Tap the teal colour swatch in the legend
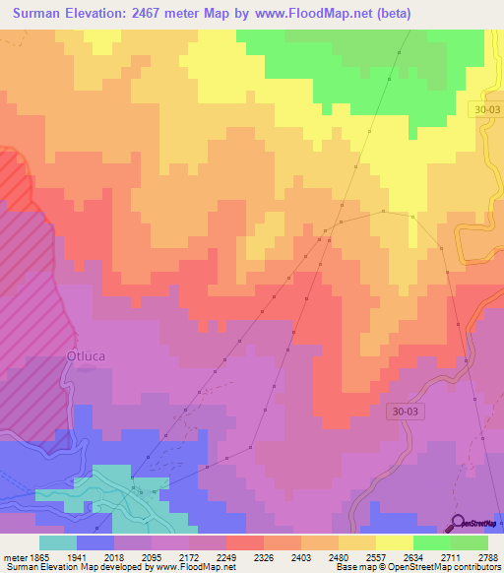click(58, 541)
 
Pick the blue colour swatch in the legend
click(95, 541)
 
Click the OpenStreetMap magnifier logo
click(458, 523)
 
